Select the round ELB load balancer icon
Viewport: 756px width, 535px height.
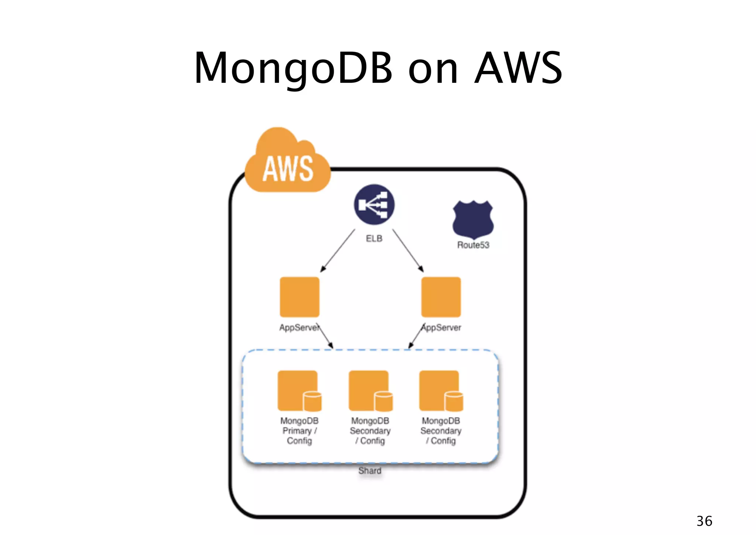click(374, 204)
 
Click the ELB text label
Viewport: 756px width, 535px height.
click(374, 239)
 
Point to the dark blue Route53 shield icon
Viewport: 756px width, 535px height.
click(473, 219)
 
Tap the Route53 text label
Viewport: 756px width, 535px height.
click(473, 245)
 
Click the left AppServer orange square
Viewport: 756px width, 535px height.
click(299, 297)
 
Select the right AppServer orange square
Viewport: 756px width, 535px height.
click(441, 297)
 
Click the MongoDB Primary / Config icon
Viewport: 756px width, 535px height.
click(297, 390)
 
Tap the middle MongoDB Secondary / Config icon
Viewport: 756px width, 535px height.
click(368, 390)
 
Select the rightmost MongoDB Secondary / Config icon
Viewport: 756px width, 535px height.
click(439, 390)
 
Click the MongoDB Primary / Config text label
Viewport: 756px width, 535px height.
click(299, 431)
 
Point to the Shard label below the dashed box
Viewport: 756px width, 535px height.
click(370, 471)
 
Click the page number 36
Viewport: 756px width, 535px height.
click(704, 521)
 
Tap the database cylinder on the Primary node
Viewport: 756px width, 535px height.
click(312, 402)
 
